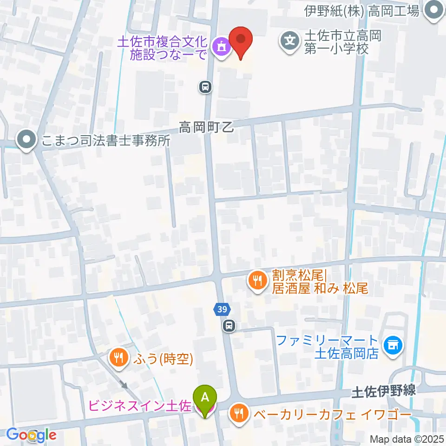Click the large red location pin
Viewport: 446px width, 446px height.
pos(241,40)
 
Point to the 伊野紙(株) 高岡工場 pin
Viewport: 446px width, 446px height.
pos(434,11)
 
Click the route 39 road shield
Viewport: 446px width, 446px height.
pos(221,308)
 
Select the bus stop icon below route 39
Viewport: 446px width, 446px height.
pos(228,326)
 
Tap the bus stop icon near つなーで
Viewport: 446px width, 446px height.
pos(205,86)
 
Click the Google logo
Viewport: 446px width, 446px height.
pos(31,435)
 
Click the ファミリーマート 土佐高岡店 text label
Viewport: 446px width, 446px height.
pos(327,347)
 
